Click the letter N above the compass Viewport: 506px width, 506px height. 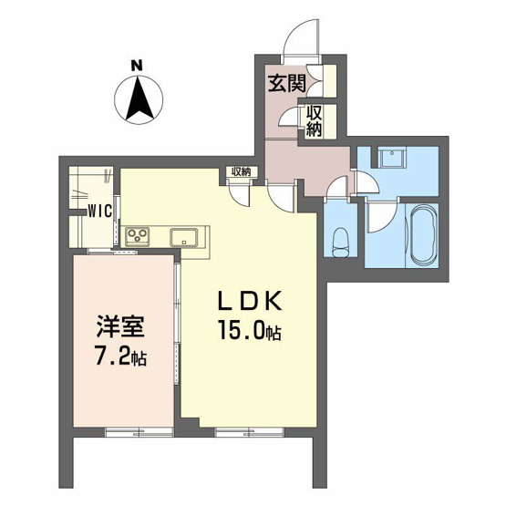click(x=135, y=65)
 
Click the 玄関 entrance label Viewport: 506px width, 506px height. click(x=284, y=85)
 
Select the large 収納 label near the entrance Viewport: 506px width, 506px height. click(x=314, y=120)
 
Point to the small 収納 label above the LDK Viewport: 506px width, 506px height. click(x=240, y=170)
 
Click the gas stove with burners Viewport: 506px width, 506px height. click(x=139, y=236)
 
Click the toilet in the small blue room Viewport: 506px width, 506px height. click(x=341, y=242)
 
